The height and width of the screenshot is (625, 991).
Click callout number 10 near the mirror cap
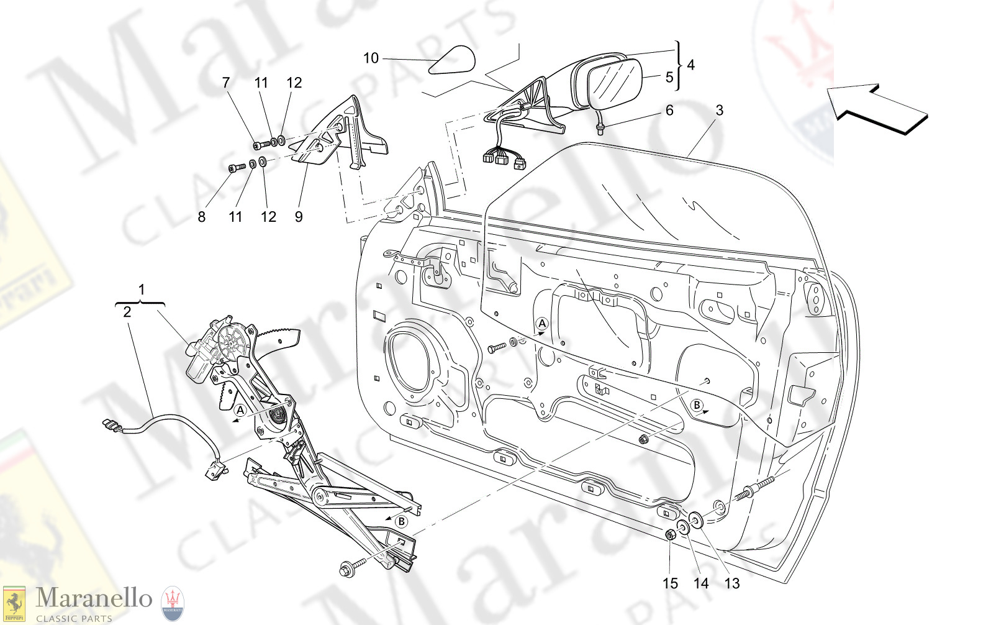(371, 58)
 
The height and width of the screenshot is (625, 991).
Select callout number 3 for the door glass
(719, 111)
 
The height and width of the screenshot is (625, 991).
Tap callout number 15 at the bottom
(670, 583)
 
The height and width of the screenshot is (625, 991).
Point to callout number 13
(732, 583)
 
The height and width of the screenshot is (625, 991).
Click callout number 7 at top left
(226, 83)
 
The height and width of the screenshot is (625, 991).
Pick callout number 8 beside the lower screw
(201, 217)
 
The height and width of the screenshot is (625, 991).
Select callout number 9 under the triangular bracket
(299, 217)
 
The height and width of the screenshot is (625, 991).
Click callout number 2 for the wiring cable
(127, 312)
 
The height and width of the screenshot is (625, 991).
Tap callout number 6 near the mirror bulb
(669, 111)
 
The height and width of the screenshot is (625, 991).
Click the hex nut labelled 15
(670, 535)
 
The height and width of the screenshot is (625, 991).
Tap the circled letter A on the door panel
(542, 324)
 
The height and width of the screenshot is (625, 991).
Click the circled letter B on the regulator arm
(402, 521)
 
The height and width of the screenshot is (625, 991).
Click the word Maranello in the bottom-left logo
(93, 598)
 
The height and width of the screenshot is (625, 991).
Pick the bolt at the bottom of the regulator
(348, 568)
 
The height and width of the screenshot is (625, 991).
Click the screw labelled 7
(260, 145)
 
